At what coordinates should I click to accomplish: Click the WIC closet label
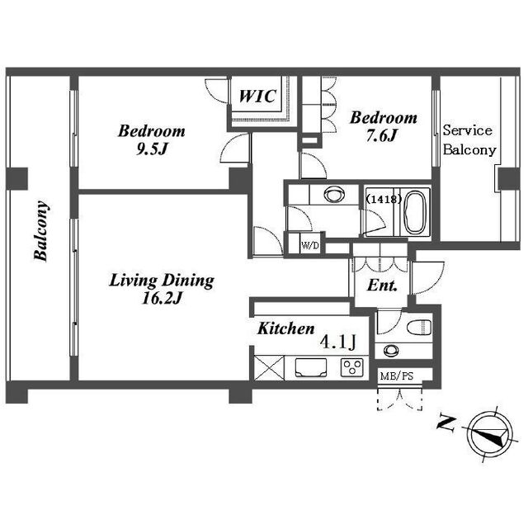click(257, 97)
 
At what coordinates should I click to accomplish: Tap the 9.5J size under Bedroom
click(152, 149)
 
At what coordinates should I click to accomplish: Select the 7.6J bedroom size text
click(382, 135)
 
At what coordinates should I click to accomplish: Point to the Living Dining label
click(162, 281)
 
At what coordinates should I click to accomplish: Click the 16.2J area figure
click(163, 298)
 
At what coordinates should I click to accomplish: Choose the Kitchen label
click(286, 328)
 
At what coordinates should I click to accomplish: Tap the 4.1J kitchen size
click(338, 342)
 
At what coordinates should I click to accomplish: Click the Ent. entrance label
click(382, 286)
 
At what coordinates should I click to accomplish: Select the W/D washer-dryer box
click(310, 245)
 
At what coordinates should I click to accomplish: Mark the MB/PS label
click(397, 375)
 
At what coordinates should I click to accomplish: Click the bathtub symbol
click(415, 213)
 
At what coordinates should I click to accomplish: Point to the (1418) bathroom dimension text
click(384, 199)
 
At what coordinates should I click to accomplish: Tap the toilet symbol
click(419, 328)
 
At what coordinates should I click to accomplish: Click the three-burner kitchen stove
click(352, 367)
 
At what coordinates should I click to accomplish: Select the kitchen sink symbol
click(311, 367)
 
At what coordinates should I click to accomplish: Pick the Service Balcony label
click(469, 140)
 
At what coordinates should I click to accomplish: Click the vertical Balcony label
click(41, 231)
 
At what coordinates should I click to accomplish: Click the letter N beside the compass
click(446, 423)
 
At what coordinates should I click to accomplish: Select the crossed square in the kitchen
click(269, 368)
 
